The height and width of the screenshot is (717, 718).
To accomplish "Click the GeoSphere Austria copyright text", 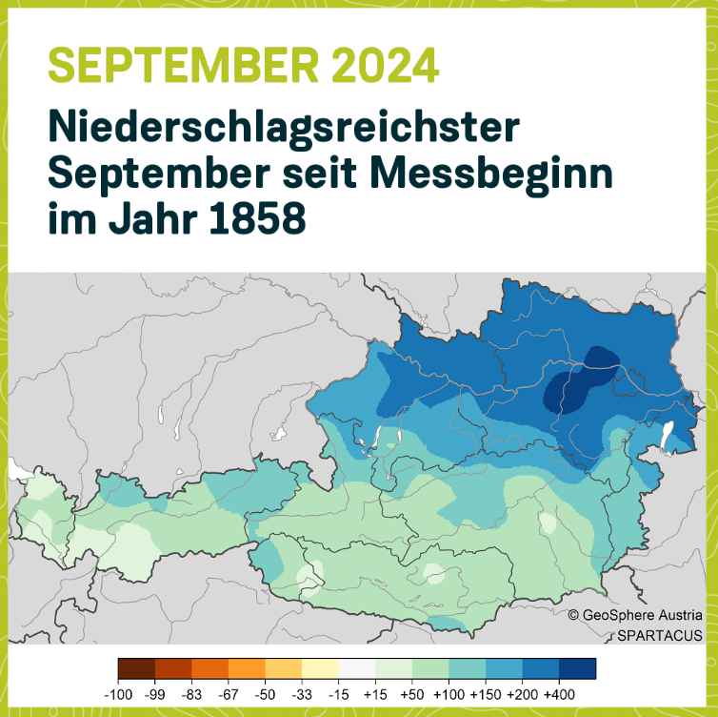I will (635, 616).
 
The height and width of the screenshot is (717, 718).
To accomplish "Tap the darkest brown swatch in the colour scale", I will (136, 668).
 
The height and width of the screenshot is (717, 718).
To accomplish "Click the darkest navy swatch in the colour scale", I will (577, 668).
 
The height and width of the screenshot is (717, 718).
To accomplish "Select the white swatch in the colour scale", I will (357, 668).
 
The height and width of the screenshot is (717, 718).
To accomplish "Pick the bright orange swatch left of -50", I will (247, 668).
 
